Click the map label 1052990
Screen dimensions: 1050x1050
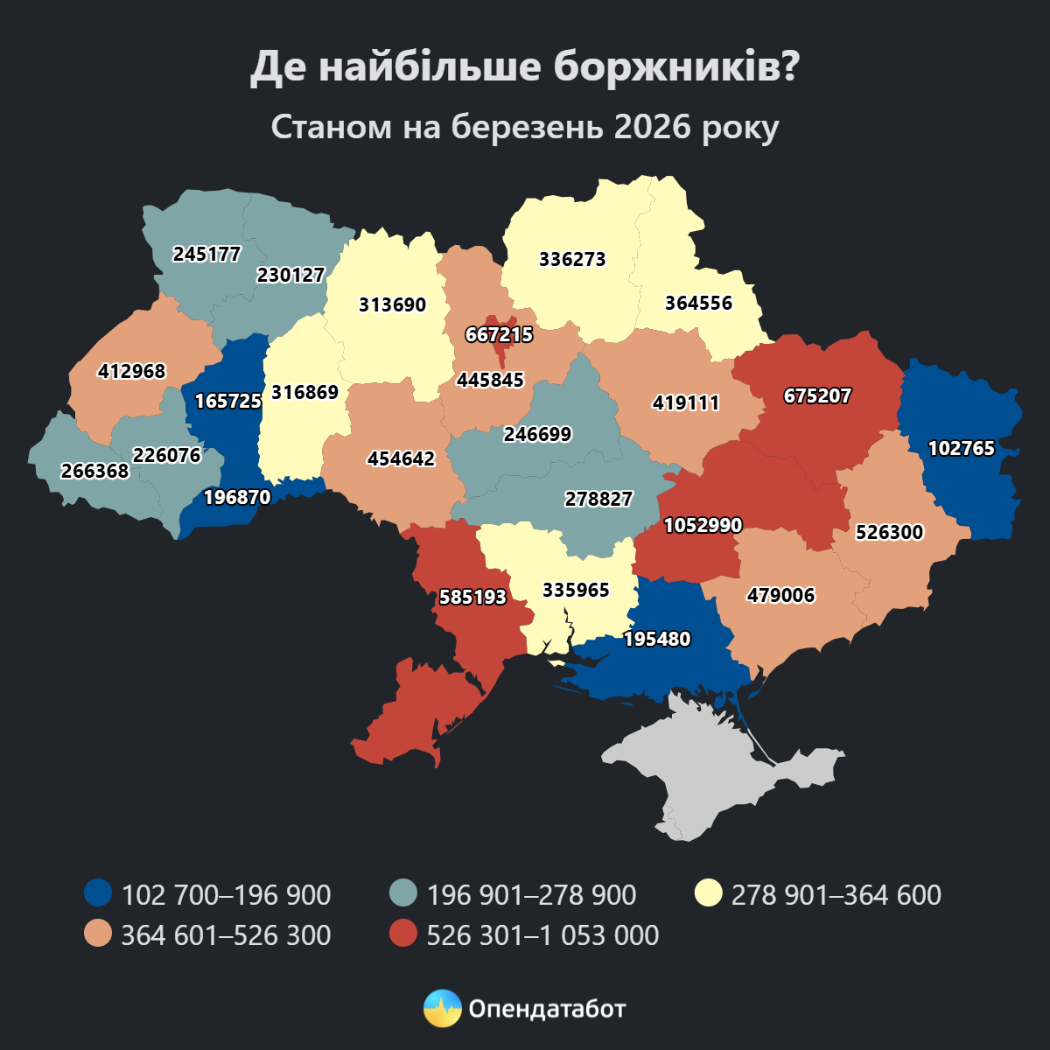(x=703, y=526)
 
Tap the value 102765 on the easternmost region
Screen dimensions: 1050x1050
(x=961, y=449)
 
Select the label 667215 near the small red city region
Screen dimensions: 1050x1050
(x=499, y=335)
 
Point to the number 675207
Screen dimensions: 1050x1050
(x=817, y=396)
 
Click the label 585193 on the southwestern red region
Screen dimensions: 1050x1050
(x=472, y=598)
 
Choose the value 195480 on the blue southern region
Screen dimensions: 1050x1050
(x=657, y=640)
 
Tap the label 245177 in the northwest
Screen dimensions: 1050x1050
(x=206, y=255)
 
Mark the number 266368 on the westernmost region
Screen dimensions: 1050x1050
(x=94, y=472)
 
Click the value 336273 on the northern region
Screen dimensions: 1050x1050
(x=572, y=260)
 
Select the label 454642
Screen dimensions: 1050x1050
(x=401, y=459)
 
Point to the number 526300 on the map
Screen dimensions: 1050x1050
(x=889, y=533)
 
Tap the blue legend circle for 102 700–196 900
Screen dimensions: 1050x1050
(x=98, y=894)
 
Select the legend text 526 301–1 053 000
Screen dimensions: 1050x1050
(x=542, y=935)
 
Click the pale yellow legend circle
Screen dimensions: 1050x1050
(x=708, y=894)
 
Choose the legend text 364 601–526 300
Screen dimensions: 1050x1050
(x=226, y=935)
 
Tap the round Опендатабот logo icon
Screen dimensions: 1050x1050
(x=442, y=1009)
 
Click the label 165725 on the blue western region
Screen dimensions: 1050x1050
(x=227, y=402)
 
